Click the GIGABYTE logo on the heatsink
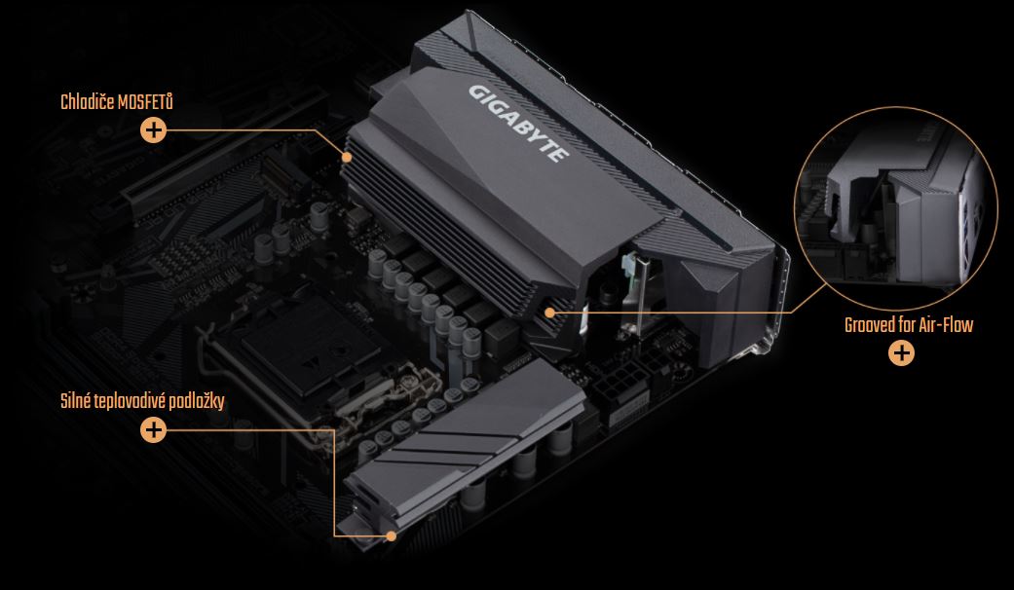518,123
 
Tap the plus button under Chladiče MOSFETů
153,130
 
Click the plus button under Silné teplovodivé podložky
153,429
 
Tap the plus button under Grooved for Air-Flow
901,353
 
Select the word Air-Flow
948,325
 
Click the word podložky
195,401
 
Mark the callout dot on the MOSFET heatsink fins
347,157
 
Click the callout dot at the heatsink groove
549,313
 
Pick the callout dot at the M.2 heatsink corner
391,535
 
